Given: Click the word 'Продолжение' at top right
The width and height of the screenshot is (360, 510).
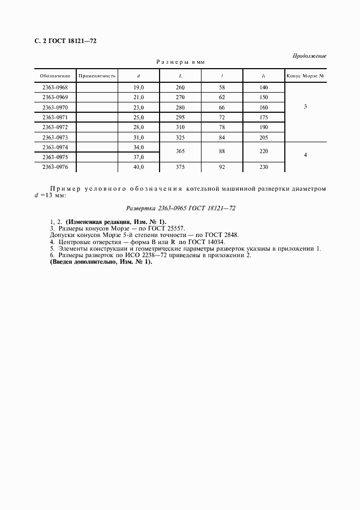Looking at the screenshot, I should [309, 56].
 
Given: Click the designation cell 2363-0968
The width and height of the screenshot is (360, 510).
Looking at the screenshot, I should [55, 87].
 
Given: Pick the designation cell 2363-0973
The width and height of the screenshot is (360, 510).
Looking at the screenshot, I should [55, 137].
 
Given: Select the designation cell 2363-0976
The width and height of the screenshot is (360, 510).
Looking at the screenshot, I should [55, 167].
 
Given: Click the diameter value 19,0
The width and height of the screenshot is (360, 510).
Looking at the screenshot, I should [138, 87].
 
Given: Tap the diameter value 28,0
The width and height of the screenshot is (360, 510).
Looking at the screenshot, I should [138, 127].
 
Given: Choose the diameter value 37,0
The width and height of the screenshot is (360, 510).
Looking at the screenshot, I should [138, 157].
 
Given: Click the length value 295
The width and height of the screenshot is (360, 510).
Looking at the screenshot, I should [180, 117].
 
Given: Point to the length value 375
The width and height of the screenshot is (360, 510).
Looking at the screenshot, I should [180, 167].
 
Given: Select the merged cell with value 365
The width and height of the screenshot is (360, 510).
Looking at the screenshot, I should [180, 153].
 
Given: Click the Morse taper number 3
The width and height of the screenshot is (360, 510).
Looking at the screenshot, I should [305, 107].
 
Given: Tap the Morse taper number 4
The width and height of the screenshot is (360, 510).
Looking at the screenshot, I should [305, 155].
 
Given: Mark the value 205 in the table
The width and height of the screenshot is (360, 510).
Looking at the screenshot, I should [264, 137].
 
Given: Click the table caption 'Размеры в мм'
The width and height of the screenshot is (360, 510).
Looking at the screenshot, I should [180, 62].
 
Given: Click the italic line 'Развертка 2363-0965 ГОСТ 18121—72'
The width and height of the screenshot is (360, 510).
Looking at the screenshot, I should [180, 208].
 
